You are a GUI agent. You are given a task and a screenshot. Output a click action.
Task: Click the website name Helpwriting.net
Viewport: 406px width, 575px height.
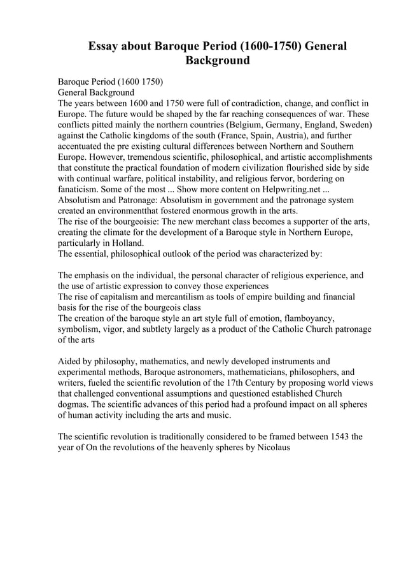click(x=291, y=189)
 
